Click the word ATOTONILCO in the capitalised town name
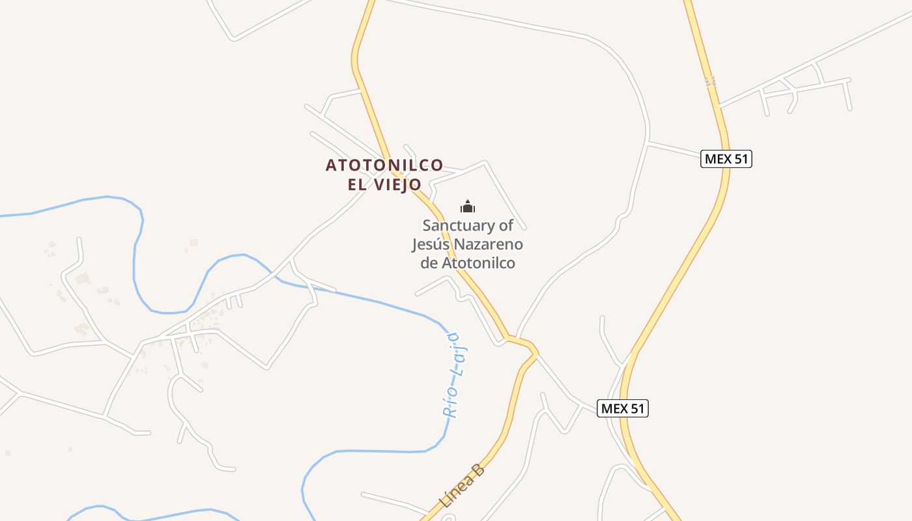[x=384, y=165]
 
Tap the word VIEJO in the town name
[x=398, y=185]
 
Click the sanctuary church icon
[x=468, y=207]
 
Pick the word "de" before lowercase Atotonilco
[x=429, y=264]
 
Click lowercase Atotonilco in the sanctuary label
[x=479, y=264]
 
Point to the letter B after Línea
[x=479, y=470]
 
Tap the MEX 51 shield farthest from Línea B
[x=726, y=159]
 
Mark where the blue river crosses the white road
[x=278, y=277]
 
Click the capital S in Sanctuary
[x=427, y=226]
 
